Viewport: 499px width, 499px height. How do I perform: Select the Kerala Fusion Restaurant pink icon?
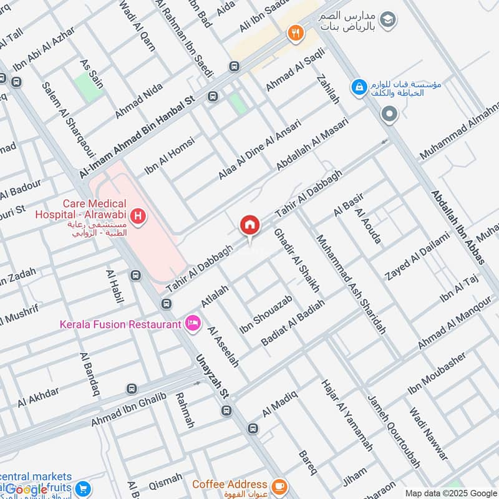(193, 322)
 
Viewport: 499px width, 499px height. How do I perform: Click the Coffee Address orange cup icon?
(279, 485)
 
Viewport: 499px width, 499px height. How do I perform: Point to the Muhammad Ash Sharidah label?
(351, 284)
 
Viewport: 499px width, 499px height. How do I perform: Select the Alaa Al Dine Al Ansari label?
(259, 150)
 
